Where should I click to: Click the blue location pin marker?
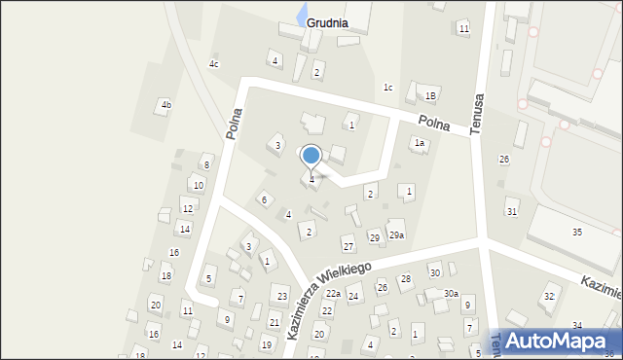coord(311,157)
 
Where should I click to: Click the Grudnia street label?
coord(327,22)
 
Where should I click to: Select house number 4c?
coord(214,64)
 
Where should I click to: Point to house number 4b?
coord(166,105)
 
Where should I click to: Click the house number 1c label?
coord(387,88)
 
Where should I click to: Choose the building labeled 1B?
coord(429,95)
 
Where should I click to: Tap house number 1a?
coord(420,143)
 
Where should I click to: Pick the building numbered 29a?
coord(396,235)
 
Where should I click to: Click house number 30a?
coord(451,294)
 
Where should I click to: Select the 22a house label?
coord(333,294)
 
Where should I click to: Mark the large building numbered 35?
coord(577,232)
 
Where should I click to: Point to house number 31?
coord(512,211)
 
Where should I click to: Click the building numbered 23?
coord(282,296)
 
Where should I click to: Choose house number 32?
coord(549,296)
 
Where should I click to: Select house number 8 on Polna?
coord(205,165)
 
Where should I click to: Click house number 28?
coord(406,279)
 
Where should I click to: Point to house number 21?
coord(275,322)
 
